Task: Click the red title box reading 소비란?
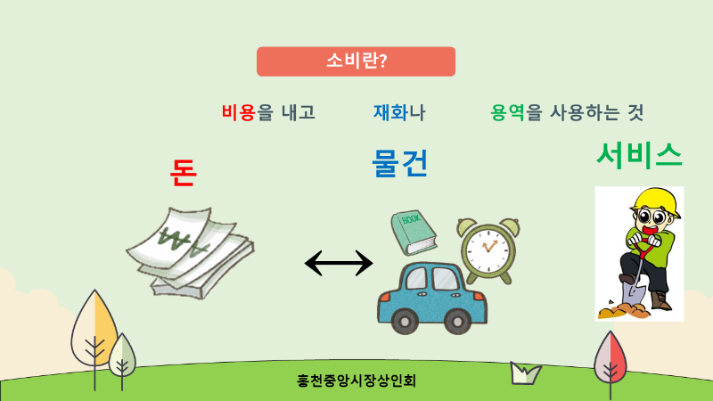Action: (356, 61)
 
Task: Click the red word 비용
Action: (239, 112)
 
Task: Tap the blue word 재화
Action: (390, 112)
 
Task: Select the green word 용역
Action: (507, 112)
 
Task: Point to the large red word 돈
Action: (184, 173)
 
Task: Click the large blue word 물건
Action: (400, 163)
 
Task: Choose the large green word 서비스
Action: (639, 154)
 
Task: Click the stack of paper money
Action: (190, 253)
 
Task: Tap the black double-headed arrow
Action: (339, 263)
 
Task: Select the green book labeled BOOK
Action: (414, 233)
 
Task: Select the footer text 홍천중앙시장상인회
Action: (356, 381)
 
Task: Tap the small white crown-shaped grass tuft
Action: (525, 372)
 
